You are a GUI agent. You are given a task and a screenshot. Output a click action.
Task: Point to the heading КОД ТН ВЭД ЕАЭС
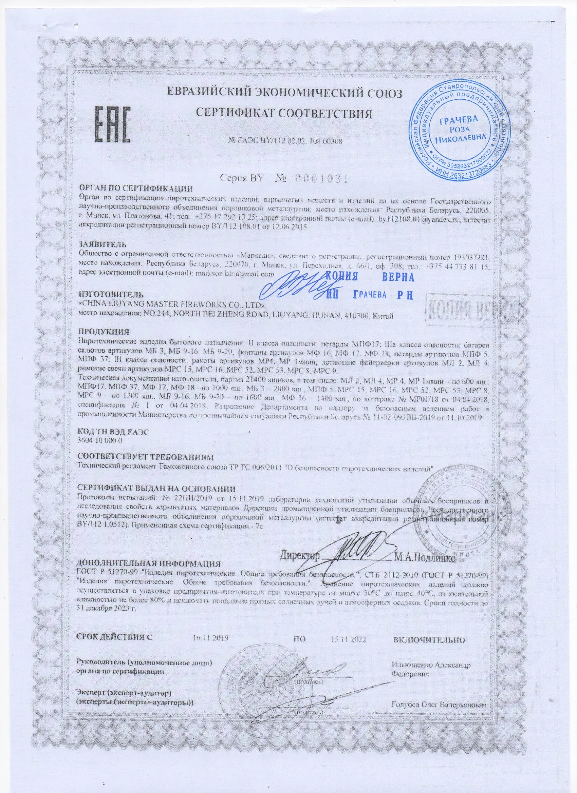pyautogui.click(x=113, y=432)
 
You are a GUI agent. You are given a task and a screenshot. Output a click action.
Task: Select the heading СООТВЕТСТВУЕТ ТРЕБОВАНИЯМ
pyautogui.click(x=145, y=457)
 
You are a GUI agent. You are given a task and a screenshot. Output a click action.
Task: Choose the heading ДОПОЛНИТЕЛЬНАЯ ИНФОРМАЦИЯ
pyautogui.click(x=148, y=564)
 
